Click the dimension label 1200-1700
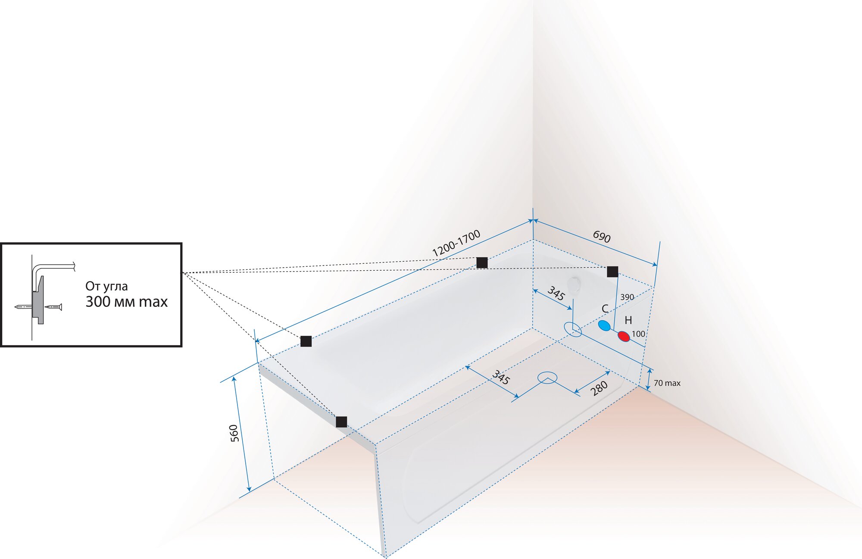coord(456,243)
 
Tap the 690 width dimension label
coord(601,236)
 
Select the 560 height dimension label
coord(234,433)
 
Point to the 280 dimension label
coord(599,388)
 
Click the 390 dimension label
coord(627,297)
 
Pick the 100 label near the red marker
coord(638,334)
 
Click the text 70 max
coord(667,383)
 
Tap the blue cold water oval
coord(604,325)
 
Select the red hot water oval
coord(624,336)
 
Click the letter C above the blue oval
coord(605,309)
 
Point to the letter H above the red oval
coord(628,320)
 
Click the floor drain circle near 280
coord(547,378)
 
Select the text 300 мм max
coord(126,302)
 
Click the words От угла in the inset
coord(106,286)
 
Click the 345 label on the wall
coord(556,294)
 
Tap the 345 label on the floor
coord(500,377)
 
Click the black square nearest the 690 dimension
coord(612,272)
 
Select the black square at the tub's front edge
coord(341,422)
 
